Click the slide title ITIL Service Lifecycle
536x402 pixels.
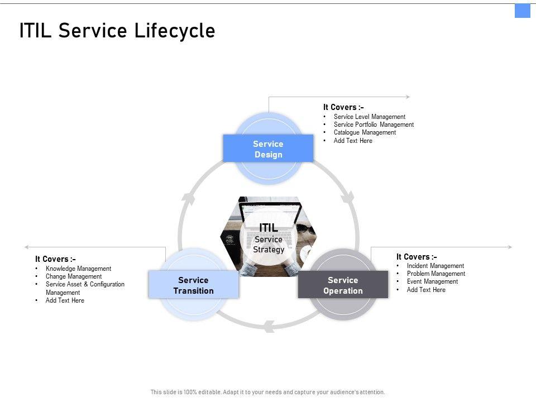(x=117, y=31)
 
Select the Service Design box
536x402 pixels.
(x=268, y=149)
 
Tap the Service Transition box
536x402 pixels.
(x=193, y=285)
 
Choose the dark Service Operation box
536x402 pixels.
(x=343, y=285)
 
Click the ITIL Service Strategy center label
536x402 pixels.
(x=269, y=238)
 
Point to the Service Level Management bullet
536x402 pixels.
(x=369, y=117)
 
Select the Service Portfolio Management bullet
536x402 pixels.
(x=374, y=125)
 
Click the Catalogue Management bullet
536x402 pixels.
(x=365, y=132)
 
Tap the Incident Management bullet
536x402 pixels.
(x=435, y=266)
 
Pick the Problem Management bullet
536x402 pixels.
(x=435, y=274)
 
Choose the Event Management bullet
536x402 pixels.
(x=432, y=281)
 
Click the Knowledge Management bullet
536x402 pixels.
(x=78, y=269)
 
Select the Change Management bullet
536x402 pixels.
(x=74, y=276)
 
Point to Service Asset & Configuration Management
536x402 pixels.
(x=85, y=288)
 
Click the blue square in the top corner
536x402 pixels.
(x=522, y=11)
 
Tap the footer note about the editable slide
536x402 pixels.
(x=267, y=392)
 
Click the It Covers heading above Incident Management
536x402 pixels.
(x=417, y=257)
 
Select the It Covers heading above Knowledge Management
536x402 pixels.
(x=55, y=259)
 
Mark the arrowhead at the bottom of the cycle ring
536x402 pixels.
(x=269, y=327)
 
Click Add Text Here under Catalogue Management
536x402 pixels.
(x=353, y=141)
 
